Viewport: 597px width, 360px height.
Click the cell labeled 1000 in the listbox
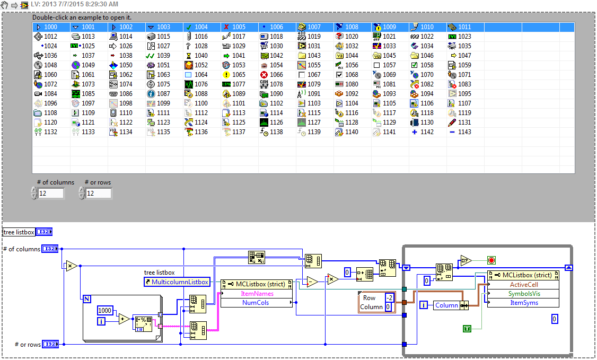point(51,27)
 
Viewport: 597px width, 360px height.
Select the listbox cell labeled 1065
point(239,75)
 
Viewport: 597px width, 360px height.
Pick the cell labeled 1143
point(464,132)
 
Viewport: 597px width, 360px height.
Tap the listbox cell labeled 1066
point(276,75)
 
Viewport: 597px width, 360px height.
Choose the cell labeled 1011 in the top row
point(464,27)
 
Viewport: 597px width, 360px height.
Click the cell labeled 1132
point(51,132)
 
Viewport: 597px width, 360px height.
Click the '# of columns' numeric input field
point(50,194)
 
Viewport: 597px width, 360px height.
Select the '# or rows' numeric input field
point(98,194)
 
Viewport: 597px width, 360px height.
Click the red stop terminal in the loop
point(491,260)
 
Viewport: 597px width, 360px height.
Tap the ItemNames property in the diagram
point(257,293)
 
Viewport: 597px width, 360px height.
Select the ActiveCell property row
point(523,284)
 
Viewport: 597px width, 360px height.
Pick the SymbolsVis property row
point(523,293)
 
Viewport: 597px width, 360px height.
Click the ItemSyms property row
point(523,303)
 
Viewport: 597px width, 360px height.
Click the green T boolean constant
point(467,329)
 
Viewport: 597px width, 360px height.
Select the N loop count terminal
point(86,299)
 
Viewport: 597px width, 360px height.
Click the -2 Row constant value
point(389,297)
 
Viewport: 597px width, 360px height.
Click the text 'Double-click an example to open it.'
point(82,17)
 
